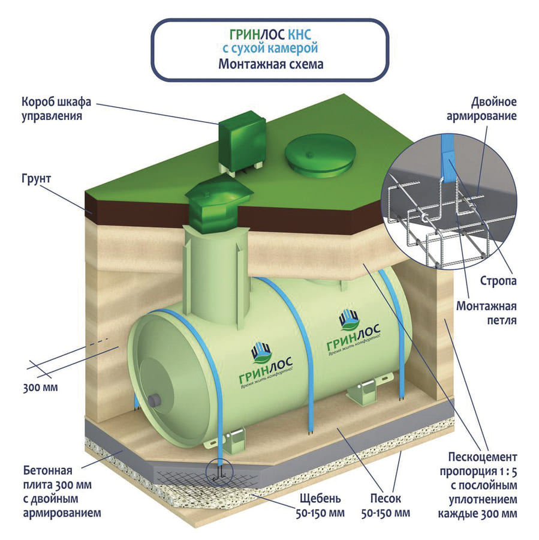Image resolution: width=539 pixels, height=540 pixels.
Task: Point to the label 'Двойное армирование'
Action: (x=485, y=108)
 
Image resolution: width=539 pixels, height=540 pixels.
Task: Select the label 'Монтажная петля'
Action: (x=486, y=313)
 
